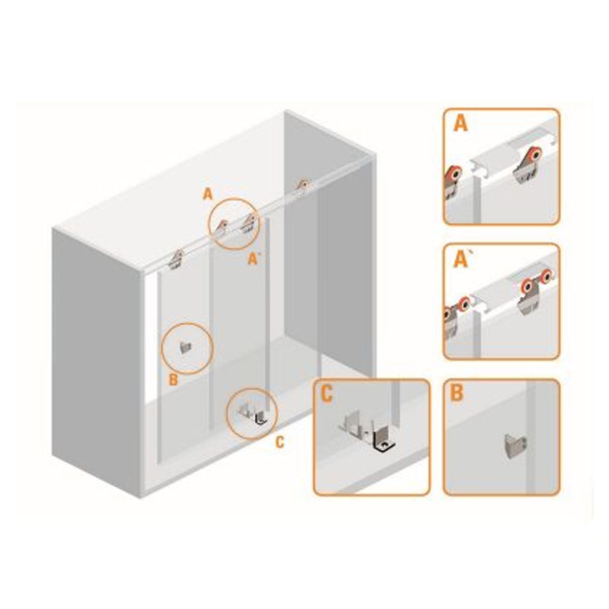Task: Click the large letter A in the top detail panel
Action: [460, 124]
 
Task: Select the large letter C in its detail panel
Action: [326, 394]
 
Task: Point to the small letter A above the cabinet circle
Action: [208, 194]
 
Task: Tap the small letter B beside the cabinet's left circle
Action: [173, 380]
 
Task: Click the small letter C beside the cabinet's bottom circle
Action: [280, 443]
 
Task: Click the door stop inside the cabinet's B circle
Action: [185, 347]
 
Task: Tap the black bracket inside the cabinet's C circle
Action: [261, 418]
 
